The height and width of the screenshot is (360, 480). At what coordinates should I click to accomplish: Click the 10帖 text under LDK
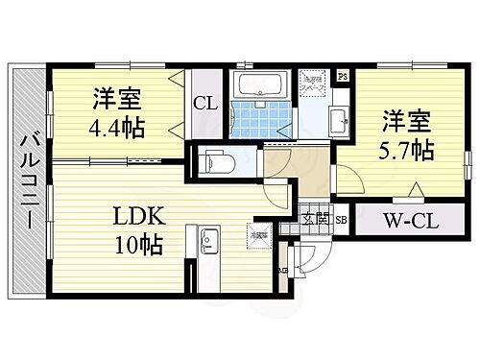[x=135, y=243]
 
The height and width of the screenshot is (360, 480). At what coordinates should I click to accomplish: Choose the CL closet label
[x=205, y=104]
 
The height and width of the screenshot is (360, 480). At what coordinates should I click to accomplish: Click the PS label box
[x=342, y=76]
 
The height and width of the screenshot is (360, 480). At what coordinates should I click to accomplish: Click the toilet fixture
[x=217, y=161]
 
